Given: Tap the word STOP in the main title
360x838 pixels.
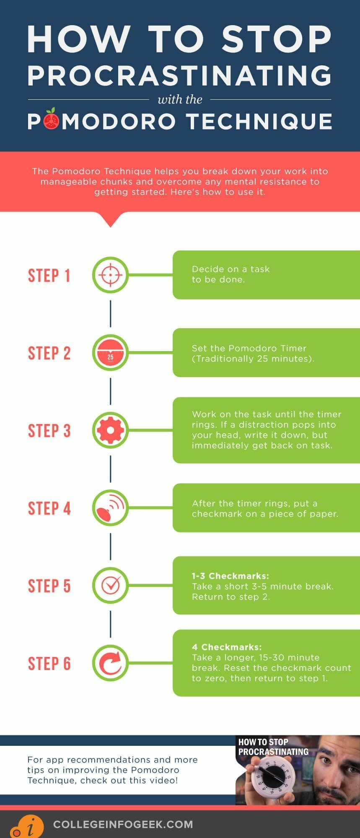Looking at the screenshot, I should click(x=276, y=39).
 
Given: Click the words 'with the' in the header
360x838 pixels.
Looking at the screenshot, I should click(x=180, y=100).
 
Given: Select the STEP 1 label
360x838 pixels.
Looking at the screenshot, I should click(x=49, y=276).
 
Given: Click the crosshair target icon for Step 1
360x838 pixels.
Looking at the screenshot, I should click(x=110, y=275).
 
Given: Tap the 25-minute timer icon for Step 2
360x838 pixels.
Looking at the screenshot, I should click(x=110, y=353).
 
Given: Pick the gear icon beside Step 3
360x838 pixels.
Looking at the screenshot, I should click(x=110, y=430).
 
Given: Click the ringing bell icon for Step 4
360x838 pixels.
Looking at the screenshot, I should click(x=110, y=508).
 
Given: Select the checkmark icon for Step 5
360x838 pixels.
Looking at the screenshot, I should click(x=110, y=585).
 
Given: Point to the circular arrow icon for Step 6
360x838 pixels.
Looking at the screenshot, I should click(x=110, y=663).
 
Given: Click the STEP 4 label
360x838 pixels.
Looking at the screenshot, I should click(x=49, y=508).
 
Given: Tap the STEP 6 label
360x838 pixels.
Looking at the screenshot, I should click(x=49, y=663).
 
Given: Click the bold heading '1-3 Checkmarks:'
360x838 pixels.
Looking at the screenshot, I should click(x=230, y=576).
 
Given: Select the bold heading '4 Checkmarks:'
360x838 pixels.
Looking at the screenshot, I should click(x=226, y=647).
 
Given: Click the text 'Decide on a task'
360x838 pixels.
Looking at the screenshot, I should click(x=231, y=269).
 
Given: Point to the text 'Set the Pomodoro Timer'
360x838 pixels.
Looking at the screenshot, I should click(x=249, y=348).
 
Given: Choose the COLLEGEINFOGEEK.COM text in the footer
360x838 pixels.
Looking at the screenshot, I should click(x=123, y=824).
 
